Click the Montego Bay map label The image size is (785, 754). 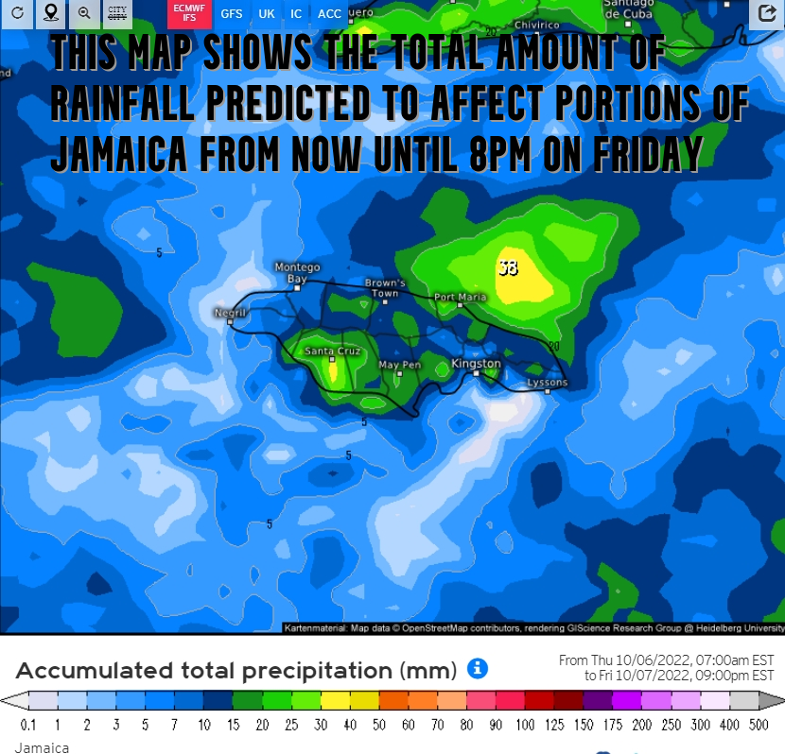(x=297, y=273)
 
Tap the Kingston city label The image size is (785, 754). (x=476, y=363)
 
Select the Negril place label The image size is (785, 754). (x=230, y=313)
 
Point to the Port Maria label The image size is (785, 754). (x=460, y=297)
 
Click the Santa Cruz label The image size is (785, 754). (x=332, y=351)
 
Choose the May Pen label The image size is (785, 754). (x=399, y=365)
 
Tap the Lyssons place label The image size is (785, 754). (x=547, y=383)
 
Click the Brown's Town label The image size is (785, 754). (x=385, y=288)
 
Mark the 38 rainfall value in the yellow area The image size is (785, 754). (x=508, y=267)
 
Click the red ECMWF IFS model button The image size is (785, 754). (x=189, y=13)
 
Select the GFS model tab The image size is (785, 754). (x=232, y=14)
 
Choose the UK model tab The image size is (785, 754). (x=267, y=14)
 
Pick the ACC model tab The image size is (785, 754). (x=329, y=14)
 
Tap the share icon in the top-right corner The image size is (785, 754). (x=764, y=13)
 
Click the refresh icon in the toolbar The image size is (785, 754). (x=17, y=13)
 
